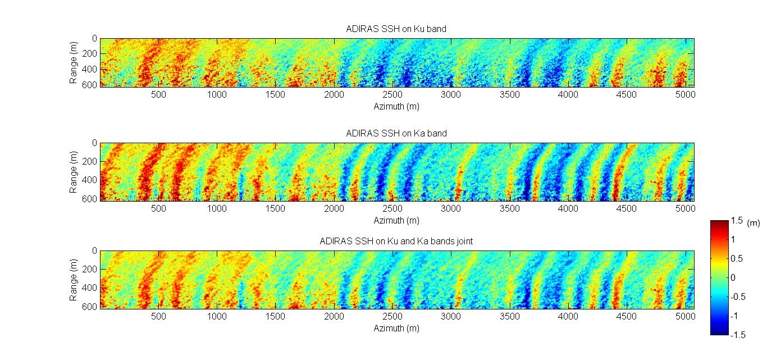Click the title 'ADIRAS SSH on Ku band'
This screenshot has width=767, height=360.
tap(396, 29)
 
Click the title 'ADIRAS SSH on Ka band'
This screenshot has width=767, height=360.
tap(396, 133)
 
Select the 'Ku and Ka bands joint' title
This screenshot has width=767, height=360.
tap(396, 241)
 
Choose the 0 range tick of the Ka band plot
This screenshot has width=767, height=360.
tap(94, 143)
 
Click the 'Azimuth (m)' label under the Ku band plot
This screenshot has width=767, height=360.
tap(396, 106)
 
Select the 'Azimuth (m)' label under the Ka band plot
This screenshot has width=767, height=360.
tap(396, 220)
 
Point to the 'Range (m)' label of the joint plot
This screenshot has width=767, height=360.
tap(74, 279)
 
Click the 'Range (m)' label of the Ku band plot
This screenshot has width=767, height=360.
tap(74, 62)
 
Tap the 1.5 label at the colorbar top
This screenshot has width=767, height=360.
tap(737, 222)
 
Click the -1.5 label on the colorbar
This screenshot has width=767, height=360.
tap(738, 335)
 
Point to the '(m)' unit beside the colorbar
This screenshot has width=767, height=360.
tap(754, 223)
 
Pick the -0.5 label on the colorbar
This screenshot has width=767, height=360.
tap(738, 297)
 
